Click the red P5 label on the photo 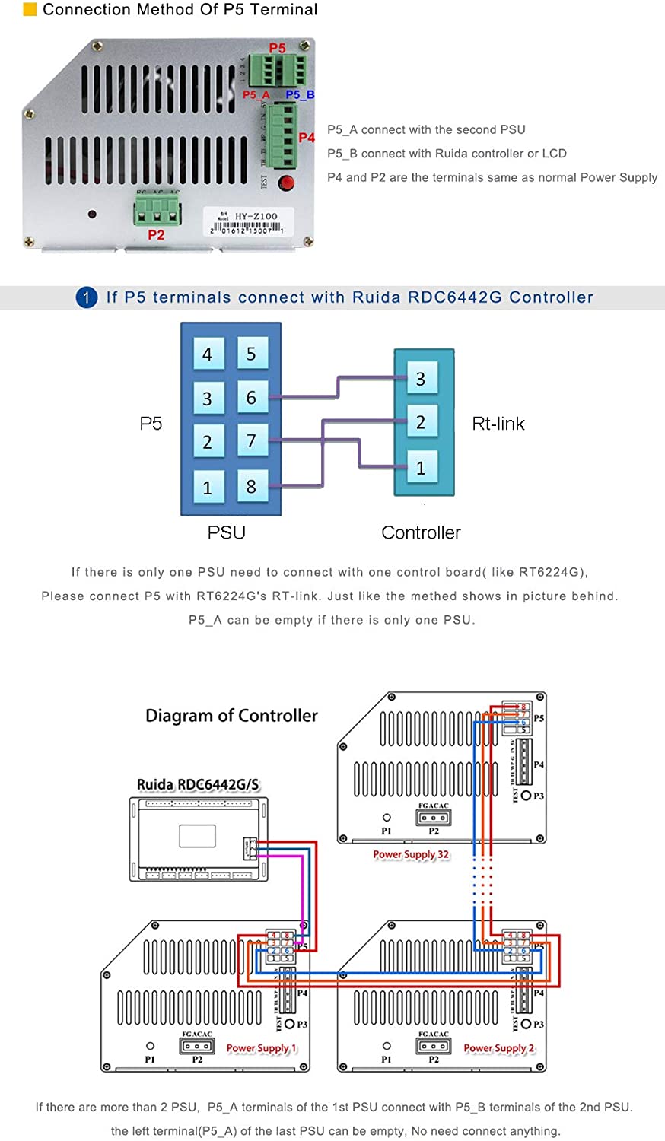click(x=277, y=48)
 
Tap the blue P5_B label click(x=300, y=94)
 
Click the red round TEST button click(x=286, y=183)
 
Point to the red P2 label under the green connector click(x=156, y=235)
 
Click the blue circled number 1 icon click(x=86, y=297)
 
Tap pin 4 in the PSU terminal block click(x=207, y=354)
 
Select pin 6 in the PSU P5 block click(x=251, y=398)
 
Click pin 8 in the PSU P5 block click(x=251, y=486)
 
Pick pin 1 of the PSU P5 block click(x=207, y=487)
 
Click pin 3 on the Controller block click(x=420, y=379)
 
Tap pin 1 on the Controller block click(x=420, y=468)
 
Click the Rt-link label click(x=498, y=424)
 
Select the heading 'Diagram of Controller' click(x=231, y=716)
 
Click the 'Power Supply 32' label click(x=411, y=854)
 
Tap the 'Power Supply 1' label click(x=262, y=1048)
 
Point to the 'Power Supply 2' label click(x=499, y=1048)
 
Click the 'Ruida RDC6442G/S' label click(x=198, y=784)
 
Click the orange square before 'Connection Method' click(x=30, y=10)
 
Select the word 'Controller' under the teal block click(x=421, y=532)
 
